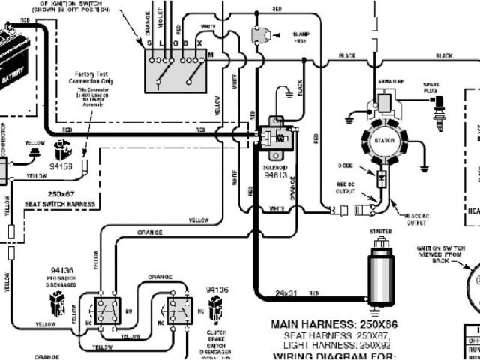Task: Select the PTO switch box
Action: click(105, 308)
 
